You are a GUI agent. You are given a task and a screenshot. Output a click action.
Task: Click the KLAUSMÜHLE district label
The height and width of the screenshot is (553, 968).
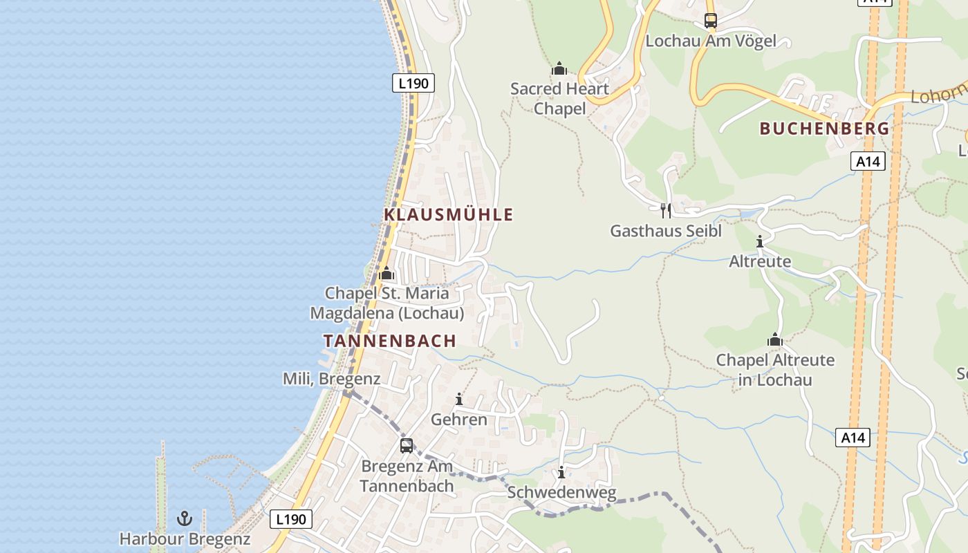[x=449, y=214]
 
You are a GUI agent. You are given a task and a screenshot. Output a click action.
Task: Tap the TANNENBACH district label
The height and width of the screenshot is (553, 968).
[x=390, y=341]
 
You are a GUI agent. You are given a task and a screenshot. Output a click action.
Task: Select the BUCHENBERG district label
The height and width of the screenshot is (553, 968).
[x=824, y=129]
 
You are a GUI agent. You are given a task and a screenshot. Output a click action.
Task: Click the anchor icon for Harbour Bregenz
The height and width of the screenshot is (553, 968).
[x=185, y=518]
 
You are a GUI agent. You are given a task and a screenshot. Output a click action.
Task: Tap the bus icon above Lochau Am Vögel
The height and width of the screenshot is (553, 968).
[x=711, y=21]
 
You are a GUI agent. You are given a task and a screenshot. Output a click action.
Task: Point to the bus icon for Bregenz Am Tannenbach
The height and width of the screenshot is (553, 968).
[x=407, y=446]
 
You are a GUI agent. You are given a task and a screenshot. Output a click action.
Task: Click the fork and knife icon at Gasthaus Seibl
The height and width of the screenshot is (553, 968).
[x=666, y=210]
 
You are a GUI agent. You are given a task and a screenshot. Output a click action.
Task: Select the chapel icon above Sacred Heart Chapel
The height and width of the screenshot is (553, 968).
[x=559, y=68]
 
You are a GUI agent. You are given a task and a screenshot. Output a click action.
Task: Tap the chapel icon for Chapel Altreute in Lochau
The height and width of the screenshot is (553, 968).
[x=775, y=339]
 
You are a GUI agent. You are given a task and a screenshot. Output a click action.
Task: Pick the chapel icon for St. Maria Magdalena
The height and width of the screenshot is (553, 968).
[x=387, y=273]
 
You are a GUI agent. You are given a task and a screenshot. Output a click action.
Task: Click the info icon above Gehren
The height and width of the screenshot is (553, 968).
[x=459, y=399]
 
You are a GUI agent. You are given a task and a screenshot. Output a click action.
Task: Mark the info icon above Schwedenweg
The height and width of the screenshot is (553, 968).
[x=561, y=472]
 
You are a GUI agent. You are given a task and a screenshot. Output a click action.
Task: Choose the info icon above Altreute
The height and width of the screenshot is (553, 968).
[x=760, y=241]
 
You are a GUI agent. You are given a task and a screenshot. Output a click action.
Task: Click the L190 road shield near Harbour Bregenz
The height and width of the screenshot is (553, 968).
[x=291, y=519]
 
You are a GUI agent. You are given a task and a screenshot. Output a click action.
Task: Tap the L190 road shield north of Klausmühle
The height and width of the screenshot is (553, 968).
[x=414, y=84]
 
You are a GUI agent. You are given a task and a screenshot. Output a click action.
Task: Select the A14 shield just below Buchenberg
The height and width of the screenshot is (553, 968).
[x=868, y=162]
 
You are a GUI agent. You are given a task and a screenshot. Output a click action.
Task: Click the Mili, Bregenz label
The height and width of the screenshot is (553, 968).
[x=331, y=379]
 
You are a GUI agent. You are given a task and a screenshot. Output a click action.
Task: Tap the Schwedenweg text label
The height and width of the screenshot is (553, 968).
[x=561, y=492]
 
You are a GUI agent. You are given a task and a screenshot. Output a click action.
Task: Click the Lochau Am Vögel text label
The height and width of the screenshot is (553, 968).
[x=711, y=41]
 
